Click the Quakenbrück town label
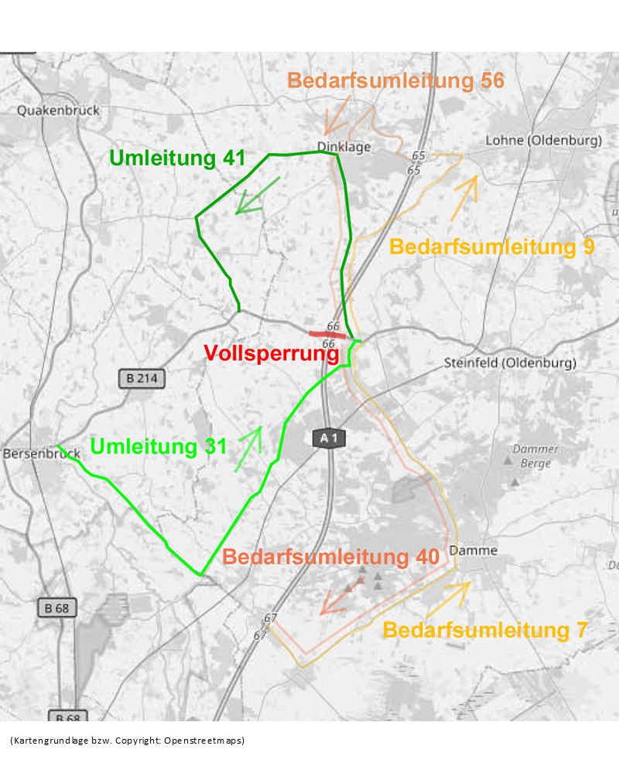point(58,111)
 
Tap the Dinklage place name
point(344,147)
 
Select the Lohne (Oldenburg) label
point(543,141)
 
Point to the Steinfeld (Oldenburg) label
point(510,363)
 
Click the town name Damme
point(473,551)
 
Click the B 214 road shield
point(142,379)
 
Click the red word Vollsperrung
point(272,354)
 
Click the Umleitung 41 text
point(177,158)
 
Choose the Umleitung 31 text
point(159,447)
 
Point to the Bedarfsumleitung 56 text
point(395,80)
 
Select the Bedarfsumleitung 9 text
point(491,247)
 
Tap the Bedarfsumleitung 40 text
point(330,557)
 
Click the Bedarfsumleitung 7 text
point(485,630)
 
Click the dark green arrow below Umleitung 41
point(256,196)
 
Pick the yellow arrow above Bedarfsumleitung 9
point(464,197)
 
